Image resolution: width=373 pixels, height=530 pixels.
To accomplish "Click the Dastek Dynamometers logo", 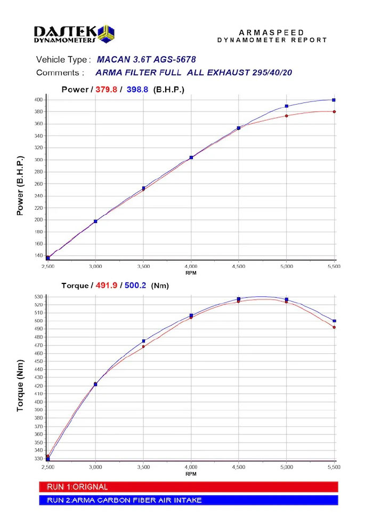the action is pyautogui.click(x=74, y=34).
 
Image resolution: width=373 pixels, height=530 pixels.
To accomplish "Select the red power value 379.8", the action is pyautogui.click(x=107, y=90).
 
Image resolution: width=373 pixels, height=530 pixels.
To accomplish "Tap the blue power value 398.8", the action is pyautogui.click(x=137, y=90).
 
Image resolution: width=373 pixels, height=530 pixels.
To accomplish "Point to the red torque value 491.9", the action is pyautogui.click(x=107, y=285).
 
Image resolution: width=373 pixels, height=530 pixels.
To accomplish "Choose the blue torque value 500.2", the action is pyautogui.click(x=135, y=285).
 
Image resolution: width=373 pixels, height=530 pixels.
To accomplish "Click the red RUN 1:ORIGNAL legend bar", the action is pyautogui.click(x=188, y=487).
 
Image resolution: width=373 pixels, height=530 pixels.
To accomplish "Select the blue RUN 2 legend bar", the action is pyautogui.click(x=188, y=500).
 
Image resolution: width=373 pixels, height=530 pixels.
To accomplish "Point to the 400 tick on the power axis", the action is pyautogui.click(x=38, y=100).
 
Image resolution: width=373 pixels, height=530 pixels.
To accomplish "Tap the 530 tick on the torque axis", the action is pyautogui.click(x=38, y=297).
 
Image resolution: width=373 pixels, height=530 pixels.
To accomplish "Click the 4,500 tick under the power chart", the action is pyautogui.click(x=239, y=266).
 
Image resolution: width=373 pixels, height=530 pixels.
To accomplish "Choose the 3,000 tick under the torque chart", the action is pyautogui.click(x=95, y=467).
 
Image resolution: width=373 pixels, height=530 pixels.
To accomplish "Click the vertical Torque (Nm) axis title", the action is pyautogui.click(x=20, y=386).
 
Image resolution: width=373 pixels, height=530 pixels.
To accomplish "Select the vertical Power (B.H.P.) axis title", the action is pyautogui.click(x=20, y=186).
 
